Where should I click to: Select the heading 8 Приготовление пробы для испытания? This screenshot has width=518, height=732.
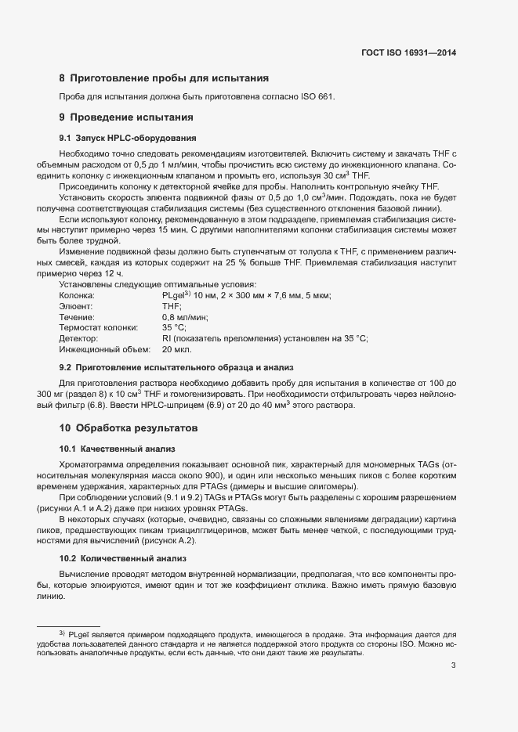pyautogui.click(x=165, y=78)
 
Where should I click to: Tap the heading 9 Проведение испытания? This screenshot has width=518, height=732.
pyautogui.click(x=126, y=118)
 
